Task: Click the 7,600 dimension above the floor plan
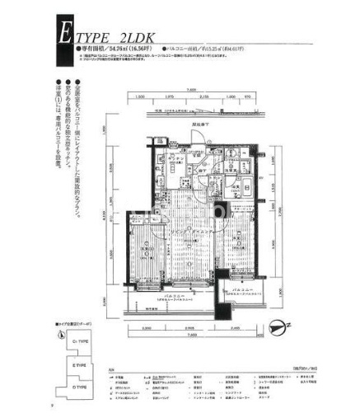pos(191,88)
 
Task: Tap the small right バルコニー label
pos(241,291)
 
